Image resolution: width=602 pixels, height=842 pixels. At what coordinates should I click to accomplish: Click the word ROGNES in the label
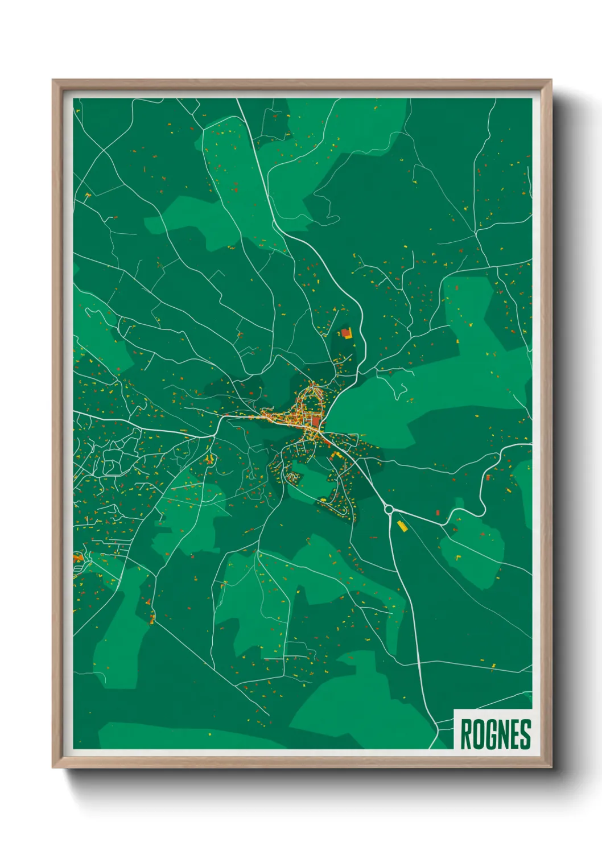tap(495, 734)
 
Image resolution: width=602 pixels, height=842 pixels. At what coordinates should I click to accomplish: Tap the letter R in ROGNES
tap(465, 734)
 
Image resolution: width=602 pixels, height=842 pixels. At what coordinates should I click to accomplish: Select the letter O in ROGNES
tap(478, 734)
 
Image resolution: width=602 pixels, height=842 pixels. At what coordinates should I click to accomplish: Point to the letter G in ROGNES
tap(490, 734)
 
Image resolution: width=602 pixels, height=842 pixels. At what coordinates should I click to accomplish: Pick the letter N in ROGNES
tap(503, 734)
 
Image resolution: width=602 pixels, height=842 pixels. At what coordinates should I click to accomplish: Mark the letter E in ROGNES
tap(515, 734)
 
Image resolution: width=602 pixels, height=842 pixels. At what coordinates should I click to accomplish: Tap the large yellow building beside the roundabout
tap(402, 526)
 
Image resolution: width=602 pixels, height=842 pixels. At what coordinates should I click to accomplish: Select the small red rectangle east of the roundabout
tap(438, 513)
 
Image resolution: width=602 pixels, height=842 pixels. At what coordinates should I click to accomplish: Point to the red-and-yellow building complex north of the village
tap(347, 333)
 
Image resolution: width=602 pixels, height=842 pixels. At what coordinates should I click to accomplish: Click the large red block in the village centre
tap(316, 421)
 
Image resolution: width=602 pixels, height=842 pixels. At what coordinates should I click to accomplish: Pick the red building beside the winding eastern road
tap(488, 477)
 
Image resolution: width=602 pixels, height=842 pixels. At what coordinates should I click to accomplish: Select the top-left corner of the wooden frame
tap(53, 80)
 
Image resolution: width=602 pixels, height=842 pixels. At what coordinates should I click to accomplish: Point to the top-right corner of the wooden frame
tap(551, 80)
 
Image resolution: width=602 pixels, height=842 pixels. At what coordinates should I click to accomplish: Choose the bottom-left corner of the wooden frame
tap(53, 767)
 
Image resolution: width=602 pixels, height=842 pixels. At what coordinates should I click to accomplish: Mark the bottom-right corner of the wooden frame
tap(551, 767)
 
